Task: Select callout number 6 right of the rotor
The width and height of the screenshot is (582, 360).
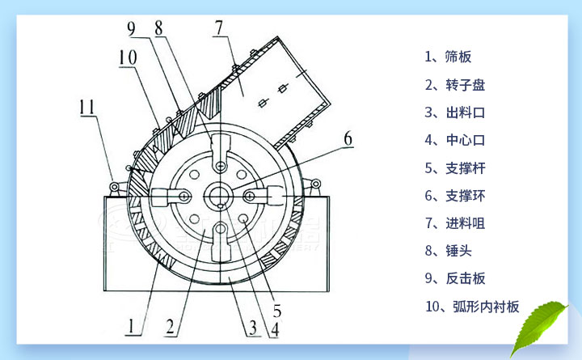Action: (x=348, y=138)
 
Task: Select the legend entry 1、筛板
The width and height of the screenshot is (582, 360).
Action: (x=447, y=57)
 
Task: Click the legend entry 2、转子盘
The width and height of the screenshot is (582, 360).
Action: (x=453, y=84)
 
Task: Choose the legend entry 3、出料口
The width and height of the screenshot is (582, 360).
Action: (x=453, y=112)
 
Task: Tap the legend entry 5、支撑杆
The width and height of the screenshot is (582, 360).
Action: (x=453, y=167)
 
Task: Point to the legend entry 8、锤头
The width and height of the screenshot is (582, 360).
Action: (x=447, y=251)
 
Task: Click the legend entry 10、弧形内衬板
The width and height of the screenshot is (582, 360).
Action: (x=472, y=307)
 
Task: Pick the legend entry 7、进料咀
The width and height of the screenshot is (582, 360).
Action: (x=453, y=223)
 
